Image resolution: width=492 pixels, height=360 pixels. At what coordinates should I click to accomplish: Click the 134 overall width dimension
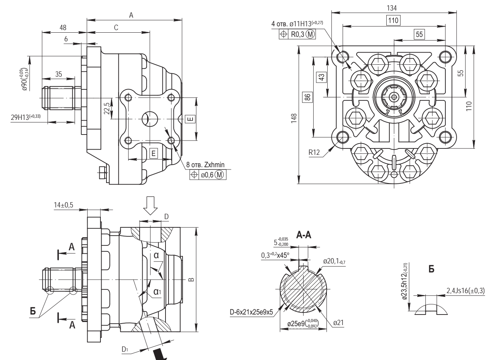[394, 7]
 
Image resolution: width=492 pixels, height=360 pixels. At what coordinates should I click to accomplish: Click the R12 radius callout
[314, 153]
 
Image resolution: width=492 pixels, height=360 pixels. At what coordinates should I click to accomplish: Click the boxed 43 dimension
[322, 76]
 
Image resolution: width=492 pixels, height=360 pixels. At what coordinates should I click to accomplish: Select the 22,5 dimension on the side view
[107, 108]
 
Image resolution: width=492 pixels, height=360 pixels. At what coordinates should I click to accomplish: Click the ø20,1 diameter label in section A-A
[334, 260]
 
